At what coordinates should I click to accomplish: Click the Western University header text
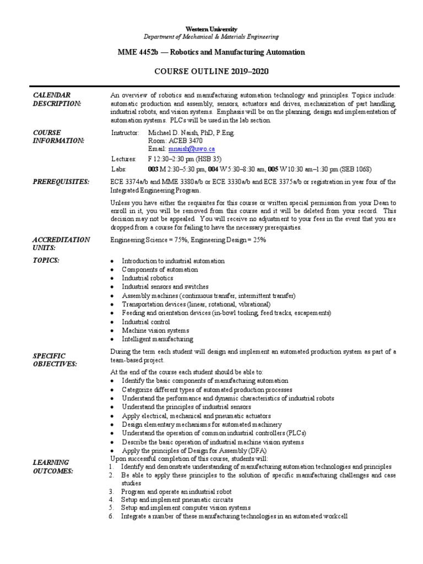pos(211,29)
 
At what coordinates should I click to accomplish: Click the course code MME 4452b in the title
pos(140,52)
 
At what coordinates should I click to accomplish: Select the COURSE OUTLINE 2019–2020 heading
pos(211,72)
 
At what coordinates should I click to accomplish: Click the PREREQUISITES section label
pos(61,182)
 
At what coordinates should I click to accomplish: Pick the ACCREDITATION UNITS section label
pos(61,244)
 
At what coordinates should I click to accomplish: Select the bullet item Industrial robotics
pos(147,278)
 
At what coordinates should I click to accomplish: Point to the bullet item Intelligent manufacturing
pos(158,339)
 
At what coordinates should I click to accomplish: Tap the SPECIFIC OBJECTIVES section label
pos(55,360)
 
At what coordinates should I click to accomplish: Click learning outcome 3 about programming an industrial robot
pos(176,491)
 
